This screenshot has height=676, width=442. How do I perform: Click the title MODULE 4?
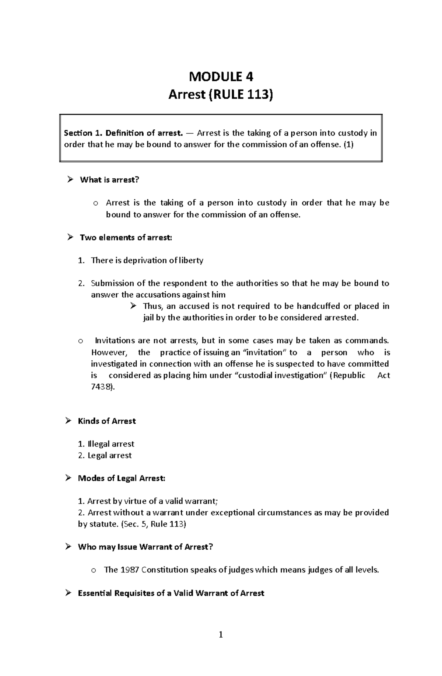click(221, 77)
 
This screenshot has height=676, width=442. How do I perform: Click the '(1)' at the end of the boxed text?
click(348, 144)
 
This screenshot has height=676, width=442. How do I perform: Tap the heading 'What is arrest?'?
click(109, 180)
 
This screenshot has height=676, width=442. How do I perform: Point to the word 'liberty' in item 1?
click(190, 260)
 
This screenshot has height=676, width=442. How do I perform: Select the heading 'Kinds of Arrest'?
click(107, 421)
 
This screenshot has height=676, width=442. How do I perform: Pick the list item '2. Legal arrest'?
click(105, 455)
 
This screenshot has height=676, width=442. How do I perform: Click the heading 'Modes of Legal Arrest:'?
click(122, 478)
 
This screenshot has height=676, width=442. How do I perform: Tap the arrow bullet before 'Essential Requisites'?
click(68, 593)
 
